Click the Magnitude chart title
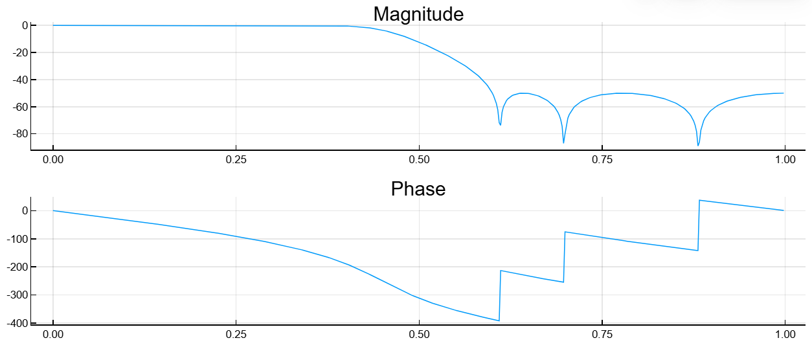coord(418,14)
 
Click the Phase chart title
coord(418,189)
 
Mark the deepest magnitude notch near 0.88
coord(698,145)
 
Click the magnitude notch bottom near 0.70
coord(563,142)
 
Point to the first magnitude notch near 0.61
coord(501,124)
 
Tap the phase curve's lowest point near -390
coord(499,321)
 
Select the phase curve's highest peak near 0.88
coord(699,200)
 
